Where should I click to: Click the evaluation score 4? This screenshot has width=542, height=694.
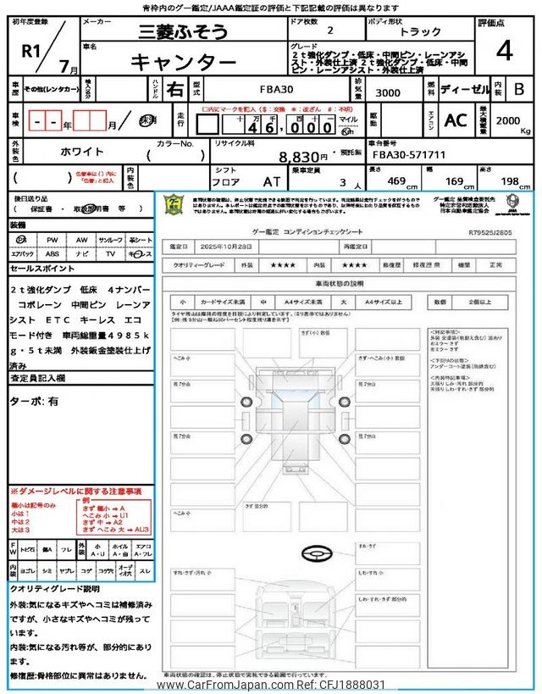(505, 51)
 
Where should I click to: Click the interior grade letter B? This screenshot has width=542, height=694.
(519, 88)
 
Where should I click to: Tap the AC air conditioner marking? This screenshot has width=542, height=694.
(455, 120)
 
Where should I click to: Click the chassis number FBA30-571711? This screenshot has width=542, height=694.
(409, 155)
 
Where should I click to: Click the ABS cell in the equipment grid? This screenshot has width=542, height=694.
(53, 253)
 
